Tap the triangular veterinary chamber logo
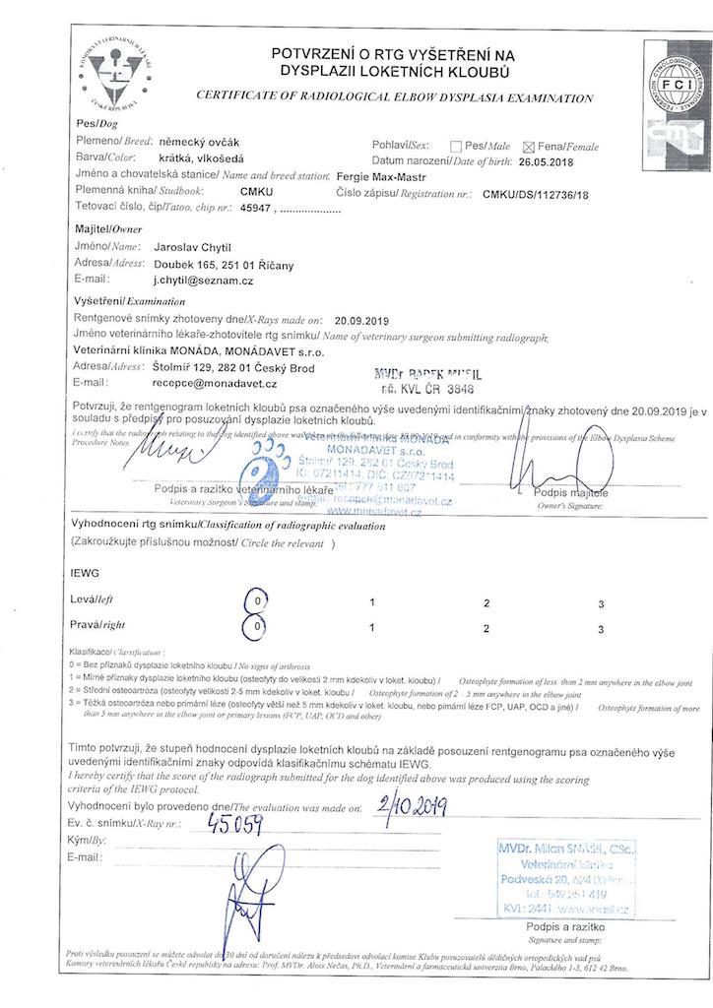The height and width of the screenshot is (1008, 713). point(116,67)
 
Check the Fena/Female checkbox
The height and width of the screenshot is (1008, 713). point(529,146)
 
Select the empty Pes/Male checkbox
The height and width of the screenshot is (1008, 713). point(456,146)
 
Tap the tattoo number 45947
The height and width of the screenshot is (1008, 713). point(256,208)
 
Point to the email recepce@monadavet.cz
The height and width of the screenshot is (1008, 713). point(215,382)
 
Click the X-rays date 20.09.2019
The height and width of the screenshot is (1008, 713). point(362,320)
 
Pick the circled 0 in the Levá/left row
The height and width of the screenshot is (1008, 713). point(255,599)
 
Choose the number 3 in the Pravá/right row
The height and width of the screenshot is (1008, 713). point(600,626)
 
